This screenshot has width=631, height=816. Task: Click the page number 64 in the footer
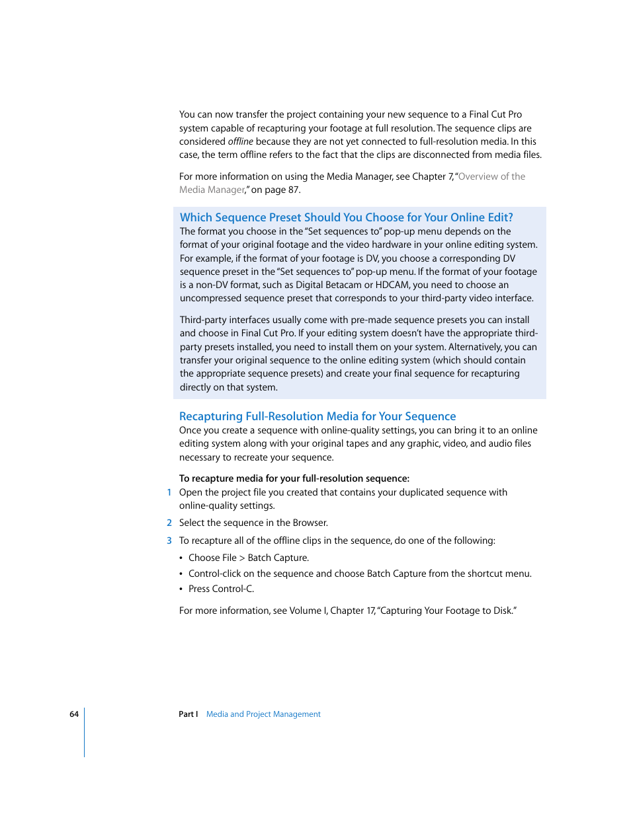[74, 714]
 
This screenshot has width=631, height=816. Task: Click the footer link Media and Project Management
[263, 714]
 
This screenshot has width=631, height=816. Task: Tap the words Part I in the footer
[188, 714]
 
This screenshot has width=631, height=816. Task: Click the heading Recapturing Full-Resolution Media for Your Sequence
[317, 416]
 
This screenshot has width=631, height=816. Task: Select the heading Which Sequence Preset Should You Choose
[346, 217]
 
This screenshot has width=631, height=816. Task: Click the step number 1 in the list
[169, 492]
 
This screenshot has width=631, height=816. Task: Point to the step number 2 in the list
[169, 523]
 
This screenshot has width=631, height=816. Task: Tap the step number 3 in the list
[169, 540]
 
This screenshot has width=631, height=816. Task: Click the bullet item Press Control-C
[221, 589]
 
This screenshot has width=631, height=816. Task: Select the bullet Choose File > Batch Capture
[249, 558]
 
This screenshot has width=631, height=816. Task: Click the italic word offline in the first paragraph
[240, 141]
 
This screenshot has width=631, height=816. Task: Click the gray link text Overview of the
[491, 176]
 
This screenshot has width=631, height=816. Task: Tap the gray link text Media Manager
[212, 190]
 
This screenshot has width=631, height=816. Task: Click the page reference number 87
[293, 190]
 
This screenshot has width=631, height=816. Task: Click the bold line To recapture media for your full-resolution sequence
[294, 478]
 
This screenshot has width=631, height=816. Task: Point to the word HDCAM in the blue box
[392, 285]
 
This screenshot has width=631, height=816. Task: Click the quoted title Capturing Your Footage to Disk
[446, 611]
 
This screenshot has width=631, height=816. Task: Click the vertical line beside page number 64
[85, 732]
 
